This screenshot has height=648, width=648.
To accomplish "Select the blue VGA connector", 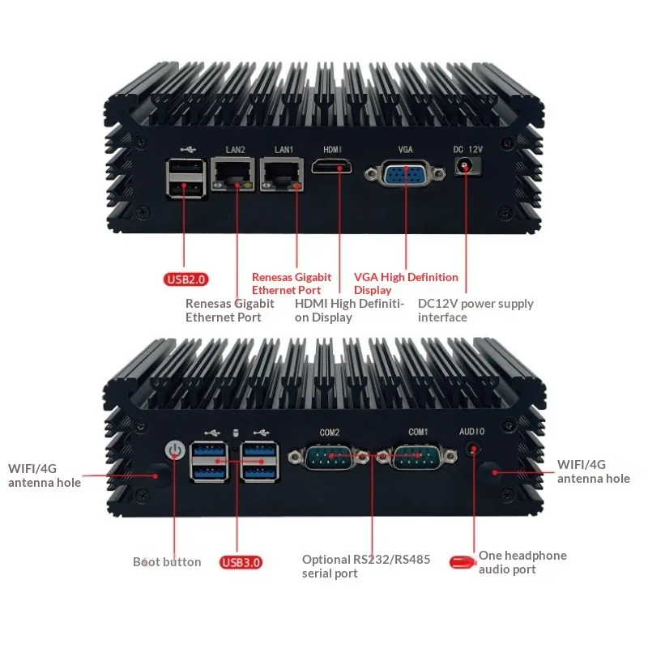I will tap(405, 176).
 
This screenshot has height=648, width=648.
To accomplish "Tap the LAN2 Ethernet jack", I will tap(232, 174).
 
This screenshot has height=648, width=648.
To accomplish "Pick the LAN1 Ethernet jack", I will tap(284, 174).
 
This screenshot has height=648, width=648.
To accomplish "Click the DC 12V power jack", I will tap(467, 167).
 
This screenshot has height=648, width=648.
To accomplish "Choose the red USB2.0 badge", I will tap(186, 279).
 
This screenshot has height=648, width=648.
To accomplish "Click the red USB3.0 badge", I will tap(241, 561).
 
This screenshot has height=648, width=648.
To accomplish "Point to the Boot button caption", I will tap(167, 561).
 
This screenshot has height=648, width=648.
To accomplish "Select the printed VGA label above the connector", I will tap(406, 149).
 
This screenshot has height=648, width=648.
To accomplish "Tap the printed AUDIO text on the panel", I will tap(472, 432).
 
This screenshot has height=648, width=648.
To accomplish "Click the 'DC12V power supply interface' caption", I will tap(475, 310).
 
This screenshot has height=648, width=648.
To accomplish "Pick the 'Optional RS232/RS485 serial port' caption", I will tap(366, 566).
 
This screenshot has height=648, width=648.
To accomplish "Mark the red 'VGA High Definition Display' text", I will tap(406, 283).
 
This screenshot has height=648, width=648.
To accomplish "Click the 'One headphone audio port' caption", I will tap(522, 562).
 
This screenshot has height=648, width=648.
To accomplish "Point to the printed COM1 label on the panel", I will tap(418, 432).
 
